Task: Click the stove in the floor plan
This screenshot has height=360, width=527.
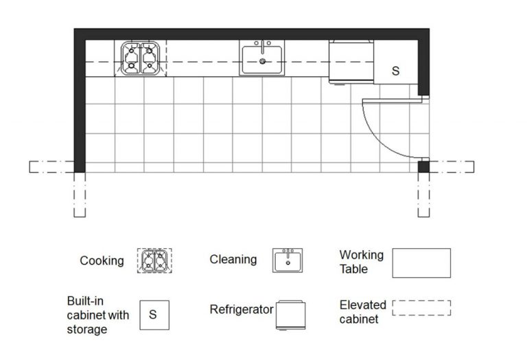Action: pos(141,58)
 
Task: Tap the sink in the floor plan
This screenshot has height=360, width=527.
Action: pos(262,58)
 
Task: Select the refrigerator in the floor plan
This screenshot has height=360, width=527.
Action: pos(351,62)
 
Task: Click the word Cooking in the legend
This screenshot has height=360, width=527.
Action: pos(102,261)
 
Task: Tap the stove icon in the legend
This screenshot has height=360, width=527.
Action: pos(154,261)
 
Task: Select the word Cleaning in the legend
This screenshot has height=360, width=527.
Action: pos(233,259)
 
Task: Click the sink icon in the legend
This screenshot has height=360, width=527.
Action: pos(288,261)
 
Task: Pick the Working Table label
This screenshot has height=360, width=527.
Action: pos(362,262)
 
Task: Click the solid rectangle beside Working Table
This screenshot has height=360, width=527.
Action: pos(421,263)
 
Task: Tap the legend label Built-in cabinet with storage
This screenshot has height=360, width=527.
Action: pos(97,315)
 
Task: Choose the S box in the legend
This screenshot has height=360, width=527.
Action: pos(153,315)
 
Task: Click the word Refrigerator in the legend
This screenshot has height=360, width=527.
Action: pos(242,310)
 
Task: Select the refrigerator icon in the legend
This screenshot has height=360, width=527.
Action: pos(290,316)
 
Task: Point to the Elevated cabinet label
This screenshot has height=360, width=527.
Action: pos(362,311)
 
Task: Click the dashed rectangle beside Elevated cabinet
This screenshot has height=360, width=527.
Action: pos(421,308)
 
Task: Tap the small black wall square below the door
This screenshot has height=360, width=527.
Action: pos(423,166)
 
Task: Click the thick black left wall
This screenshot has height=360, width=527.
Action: pos(80,103)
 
